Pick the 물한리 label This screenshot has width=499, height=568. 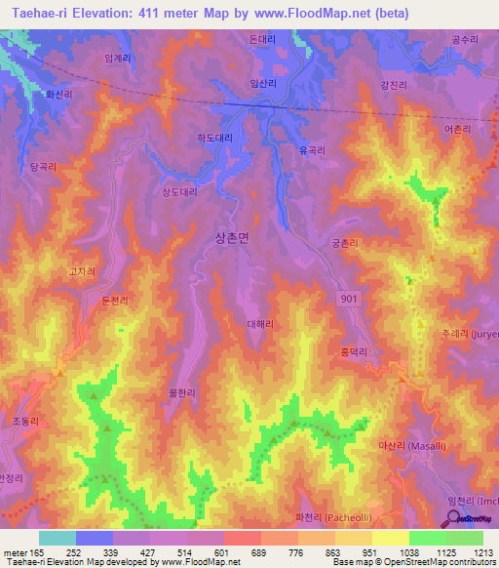pyautogui.click(x=182, y=392)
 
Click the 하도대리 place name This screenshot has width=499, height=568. pyautogui.click(x=214, y=139)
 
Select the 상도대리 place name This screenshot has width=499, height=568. pyautogui.click(x=179, y=192)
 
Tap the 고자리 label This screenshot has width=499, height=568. pyautogui.click(x=82, y=272)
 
